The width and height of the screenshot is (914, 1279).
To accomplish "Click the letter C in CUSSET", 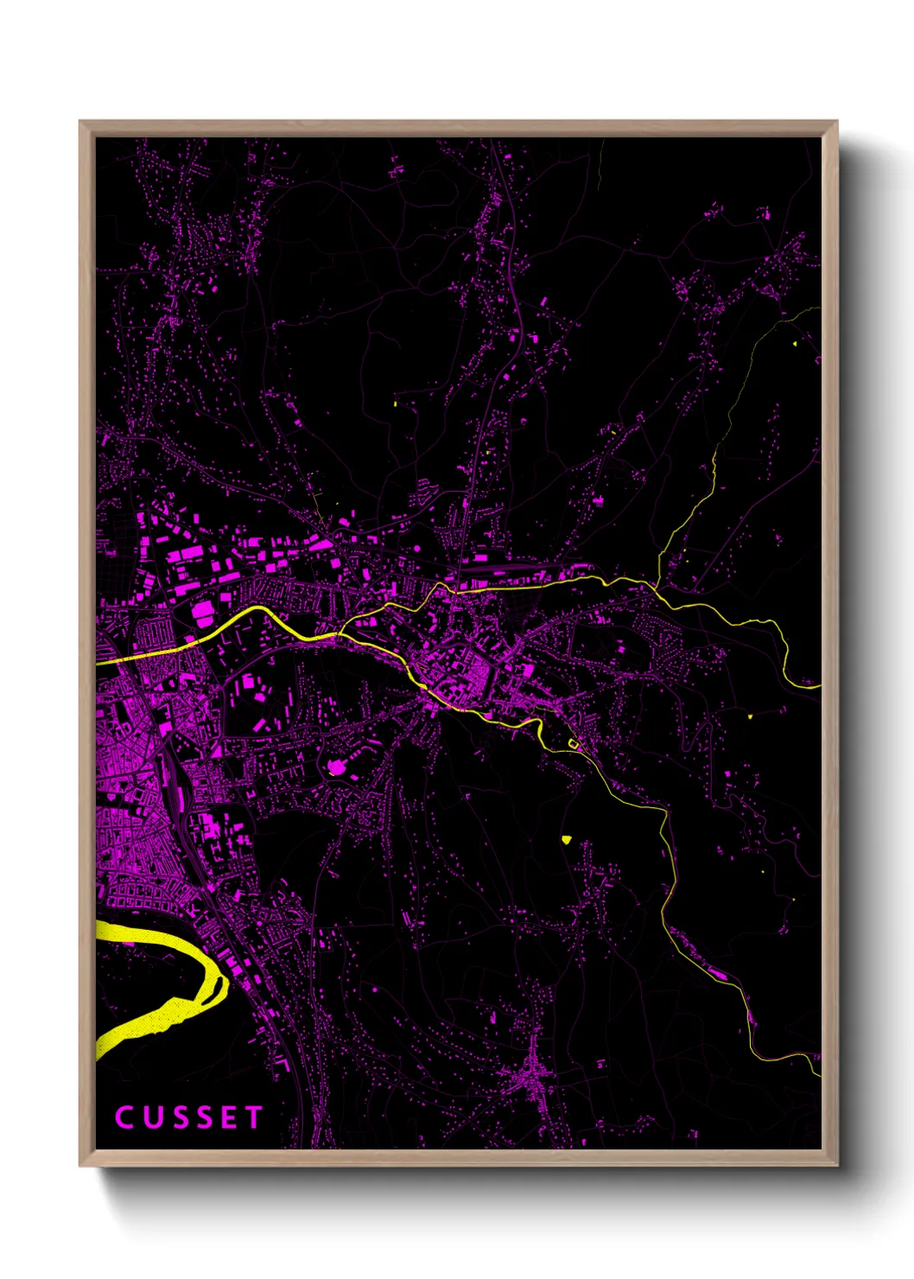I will tap(124, 1117).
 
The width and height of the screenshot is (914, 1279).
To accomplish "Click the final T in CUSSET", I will tap(253, 1117).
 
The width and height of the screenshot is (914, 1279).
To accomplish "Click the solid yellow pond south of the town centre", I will tap(566, 838).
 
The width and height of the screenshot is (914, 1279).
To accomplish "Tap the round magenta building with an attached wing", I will tap(336, 766).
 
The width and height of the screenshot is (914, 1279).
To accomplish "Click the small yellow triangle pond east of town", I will tap(749, 716).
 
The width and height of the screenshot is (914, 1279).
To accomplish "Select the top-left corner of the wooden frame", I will tap(80, 122).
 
